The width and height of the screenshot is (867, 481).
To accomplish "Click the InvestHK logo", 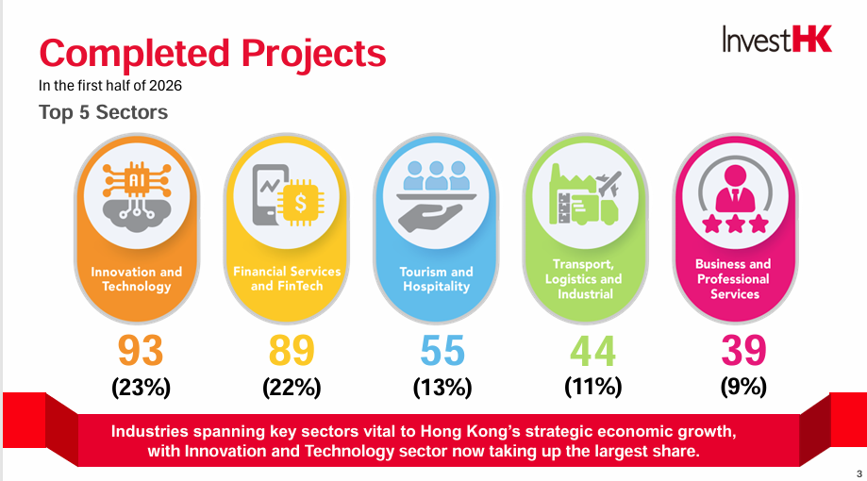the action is (776, 40).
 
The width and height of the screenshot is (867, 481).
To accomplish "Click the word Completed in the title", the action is (134, 54).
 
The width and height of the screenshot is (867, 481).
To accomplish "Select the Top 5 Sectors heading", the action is (104, 112).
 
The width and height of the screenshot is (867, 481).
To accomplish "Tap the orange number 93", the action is (141, 351).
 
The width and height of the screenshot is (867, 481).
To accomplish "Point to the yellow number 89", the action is (292, 351).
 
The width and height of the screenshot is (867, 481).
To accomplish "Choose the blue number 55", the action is (442, 351).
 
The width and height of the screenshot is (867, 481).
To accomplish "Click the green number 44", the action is (592, 351).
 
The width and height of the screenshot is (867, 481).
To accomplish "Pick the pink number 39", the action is (743, 351).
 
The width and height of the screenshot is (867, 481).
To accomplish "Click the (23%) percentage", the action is (141, 387).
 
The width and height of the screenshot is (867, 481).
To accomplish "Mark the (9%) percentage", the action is (743, 387).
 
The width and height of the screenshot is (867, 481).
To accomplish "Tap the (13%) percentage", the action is (442, 387).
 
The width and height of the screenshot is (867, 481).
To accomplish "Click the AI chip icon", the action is (137, 179).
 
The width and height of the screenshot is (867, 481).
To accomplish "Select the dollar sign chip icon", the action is (300, 203).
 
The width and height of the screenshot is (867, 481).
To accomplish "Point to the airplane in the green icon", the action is (609, 183).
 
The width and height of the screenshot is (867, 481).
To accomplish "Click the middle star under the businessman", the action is (735, 224).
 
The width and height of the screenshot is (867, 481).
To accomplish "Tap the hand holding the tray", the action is (430, 217).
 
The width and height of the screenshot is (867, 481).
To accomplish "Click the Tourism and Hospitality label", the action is (436, 279).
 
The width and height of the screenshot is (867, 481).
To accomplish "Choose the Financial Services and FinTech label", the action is (287, 278).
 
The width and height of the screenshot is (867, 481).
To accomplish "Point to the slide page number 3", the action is (859, 473).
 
